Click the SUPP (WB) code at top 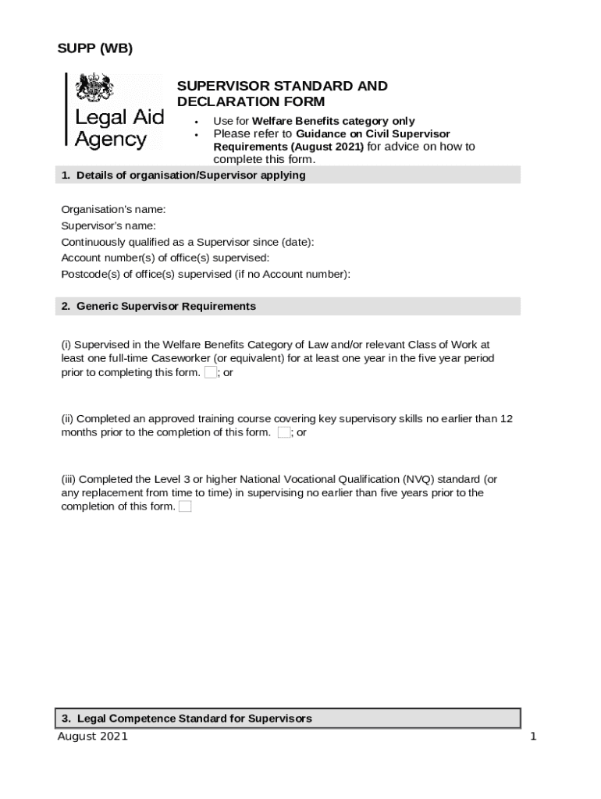(94, 49)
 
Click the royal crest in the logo (94, 87)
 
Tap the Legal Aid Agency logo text (119, 129)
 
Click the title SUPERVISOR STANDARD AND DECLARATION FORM (282, 94)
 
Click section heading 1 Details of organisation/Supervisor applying (183, 176)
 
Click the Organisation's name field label (113, 209)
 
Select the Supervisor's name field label (108, 225)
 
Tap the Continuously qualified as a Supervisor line (187, 242)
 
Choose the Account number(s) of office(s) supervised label (165, 257)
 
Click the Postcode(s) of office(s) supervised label (205, 274)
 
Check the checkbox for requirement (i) (210, 372)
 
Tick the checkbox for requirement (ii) (283, 432)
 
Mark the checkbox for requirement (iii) (185, 506)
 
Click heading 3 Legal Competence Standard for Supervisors (187, 718)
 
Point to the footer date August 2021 (92, 737)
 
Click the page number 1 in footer (533, 737)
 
